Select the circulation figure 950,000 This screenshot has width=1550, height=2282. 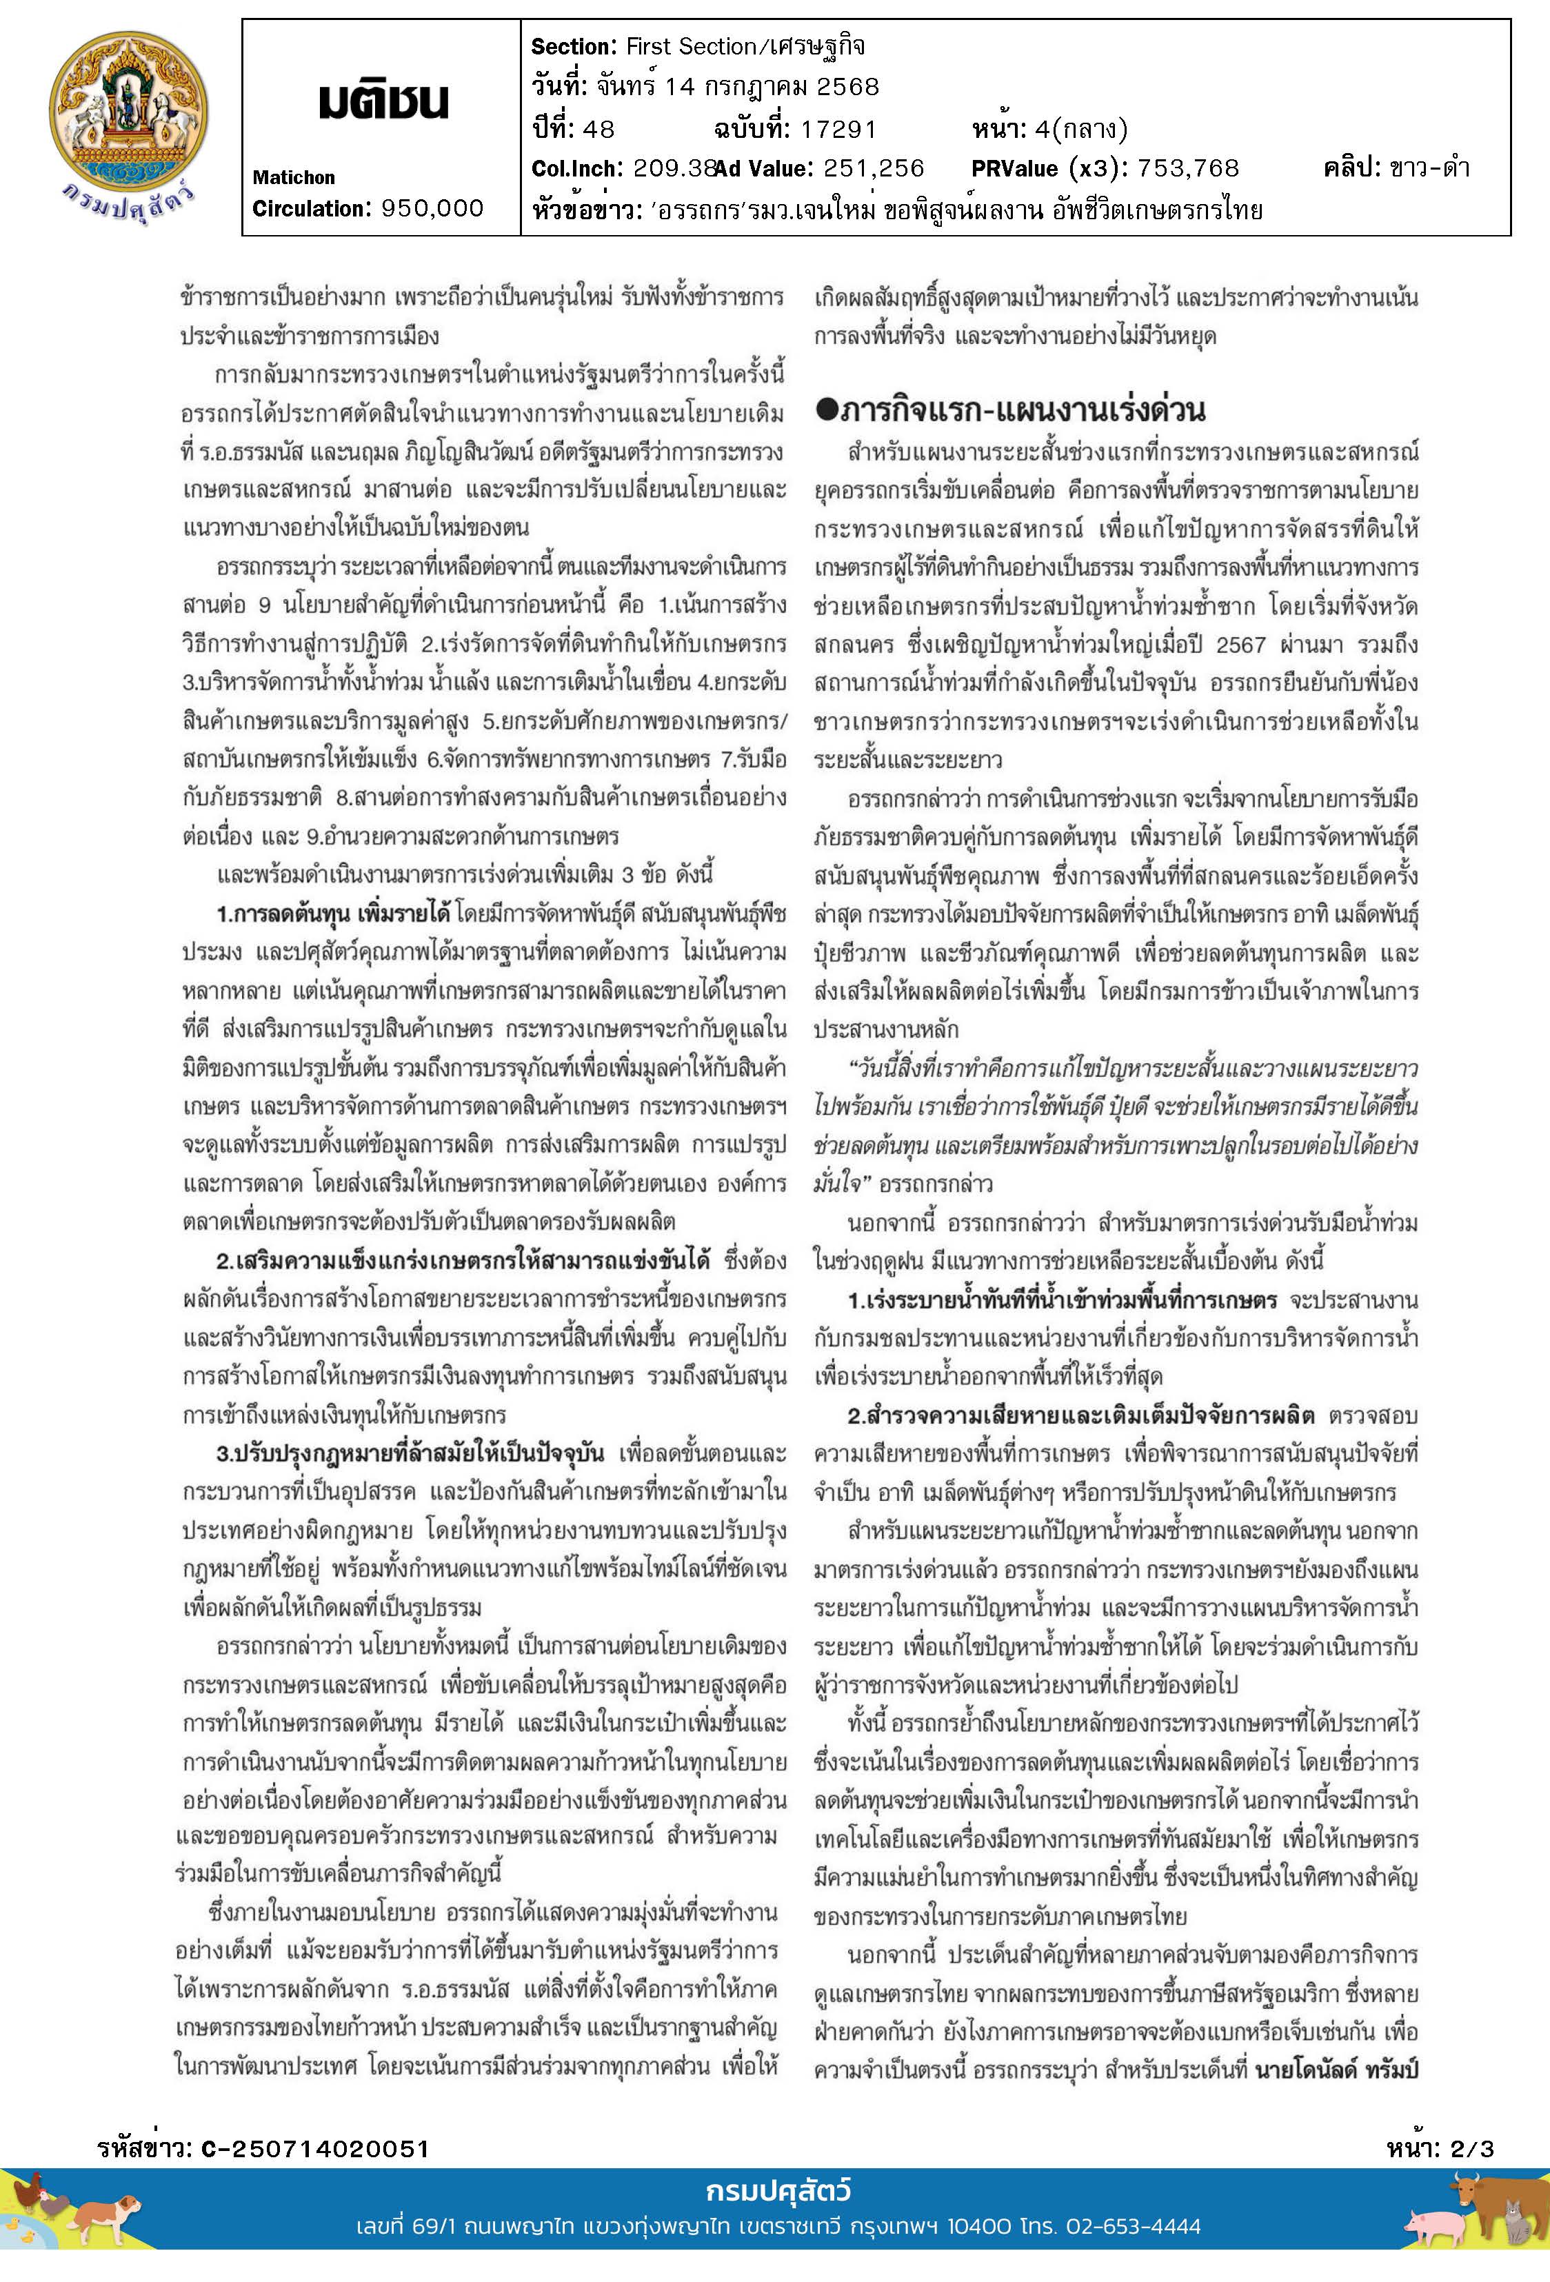[x=432, y=208]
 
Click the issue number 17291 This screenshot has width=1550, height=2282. [x=837, y=129]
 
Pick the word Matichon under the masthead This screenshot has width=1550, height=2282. [x=294, y=178]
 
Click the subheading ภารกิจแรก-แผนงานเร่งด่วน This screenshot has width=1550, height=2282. [x=1022, y=410]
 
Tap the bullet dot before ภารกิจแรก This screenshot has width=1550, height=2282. [x=825, y=410]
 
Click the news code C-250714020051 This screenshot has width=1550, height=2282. [x=315, y=2148]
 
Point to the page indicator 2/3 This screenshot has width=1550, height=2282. [x=1471, y=2148]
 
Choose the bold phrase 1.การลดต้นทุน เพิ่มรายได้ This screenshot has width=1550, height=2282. [x=333, y=914]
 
